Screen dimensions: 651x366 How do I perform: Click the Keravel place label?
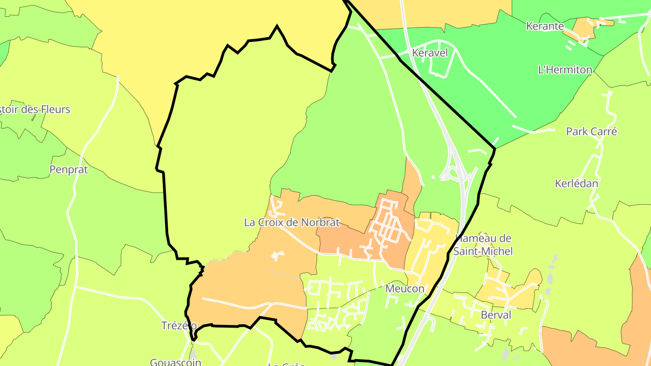pyautogui.click(x=430, y=53)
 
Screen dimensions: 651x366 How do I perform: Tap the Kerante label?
pyautogui.click(x=545, y=26)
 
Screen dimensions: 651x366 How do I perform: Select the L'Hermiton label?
pyautogui.click(x=565, y=70)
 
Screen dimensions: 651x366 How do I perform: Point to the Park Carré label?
pyautogui.click(x=591, y=131)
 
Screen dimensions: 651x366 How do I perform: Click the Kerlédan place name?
pyautogui.click(x=576, y=183)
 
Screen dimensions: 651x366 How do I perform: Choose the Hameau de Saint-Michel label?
pyautogui.click(x=483, y=244)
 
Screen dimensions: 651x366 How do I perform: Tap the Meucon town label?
pyautogui.click(x=405, y=288)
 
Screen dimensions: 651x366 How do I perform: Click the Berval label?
pyautogui.click(x=496, y=315)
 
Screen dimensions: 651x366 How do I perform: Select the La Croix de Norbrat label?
pyautogui.click(x=292, y=222)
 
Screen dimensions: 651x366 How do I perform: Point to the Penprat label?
pyautogui.click(x=68, y=170)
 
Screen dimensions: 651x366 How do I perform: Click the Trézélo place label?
pyautogui.click(x=179, y=325)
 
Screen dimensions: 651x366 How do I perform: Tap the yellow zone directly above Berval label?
pyautogui.click(x=515, y=289)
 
